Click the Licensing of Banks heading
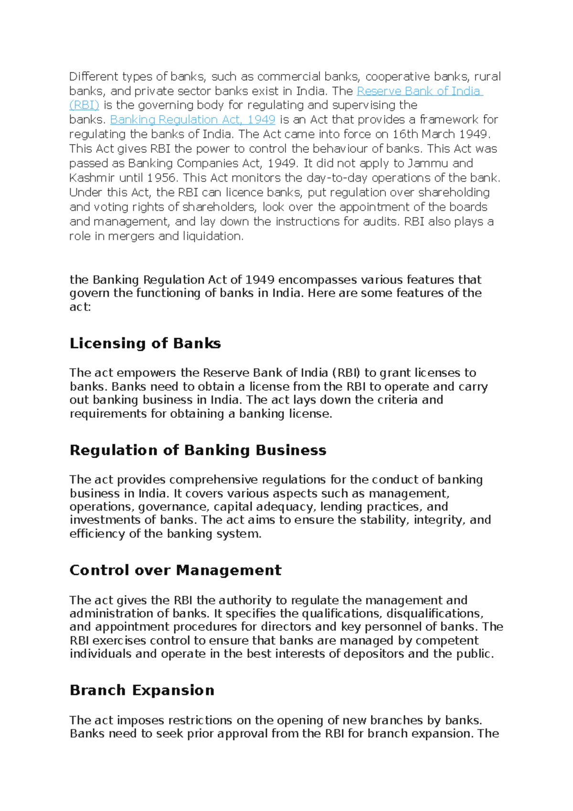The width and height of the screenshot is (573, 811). (x=145, y=343)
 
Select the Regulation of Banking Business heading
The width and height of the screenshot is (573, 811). (x=198, y=450)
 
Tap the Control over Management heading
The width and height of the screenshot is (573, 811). (x=175, y=570)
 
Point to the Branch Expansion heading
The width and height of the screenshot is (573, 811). (x=142, y=690)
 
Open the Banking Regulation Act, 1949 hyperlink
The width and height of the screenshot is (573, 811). (x=192, y=119)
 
